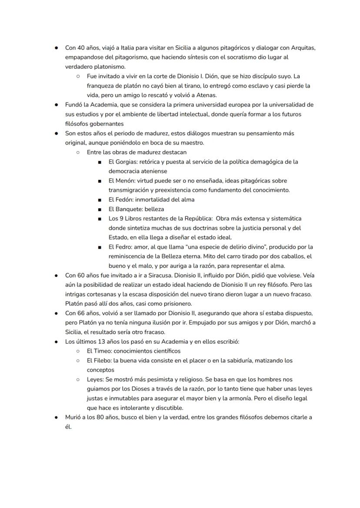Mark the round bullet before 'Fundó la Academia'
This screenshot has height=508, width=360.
point(57,105)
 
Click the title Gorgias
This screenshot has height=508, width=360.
point(126,162)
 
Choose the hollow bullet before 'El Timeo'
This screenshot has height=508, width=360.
point(78,351)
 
